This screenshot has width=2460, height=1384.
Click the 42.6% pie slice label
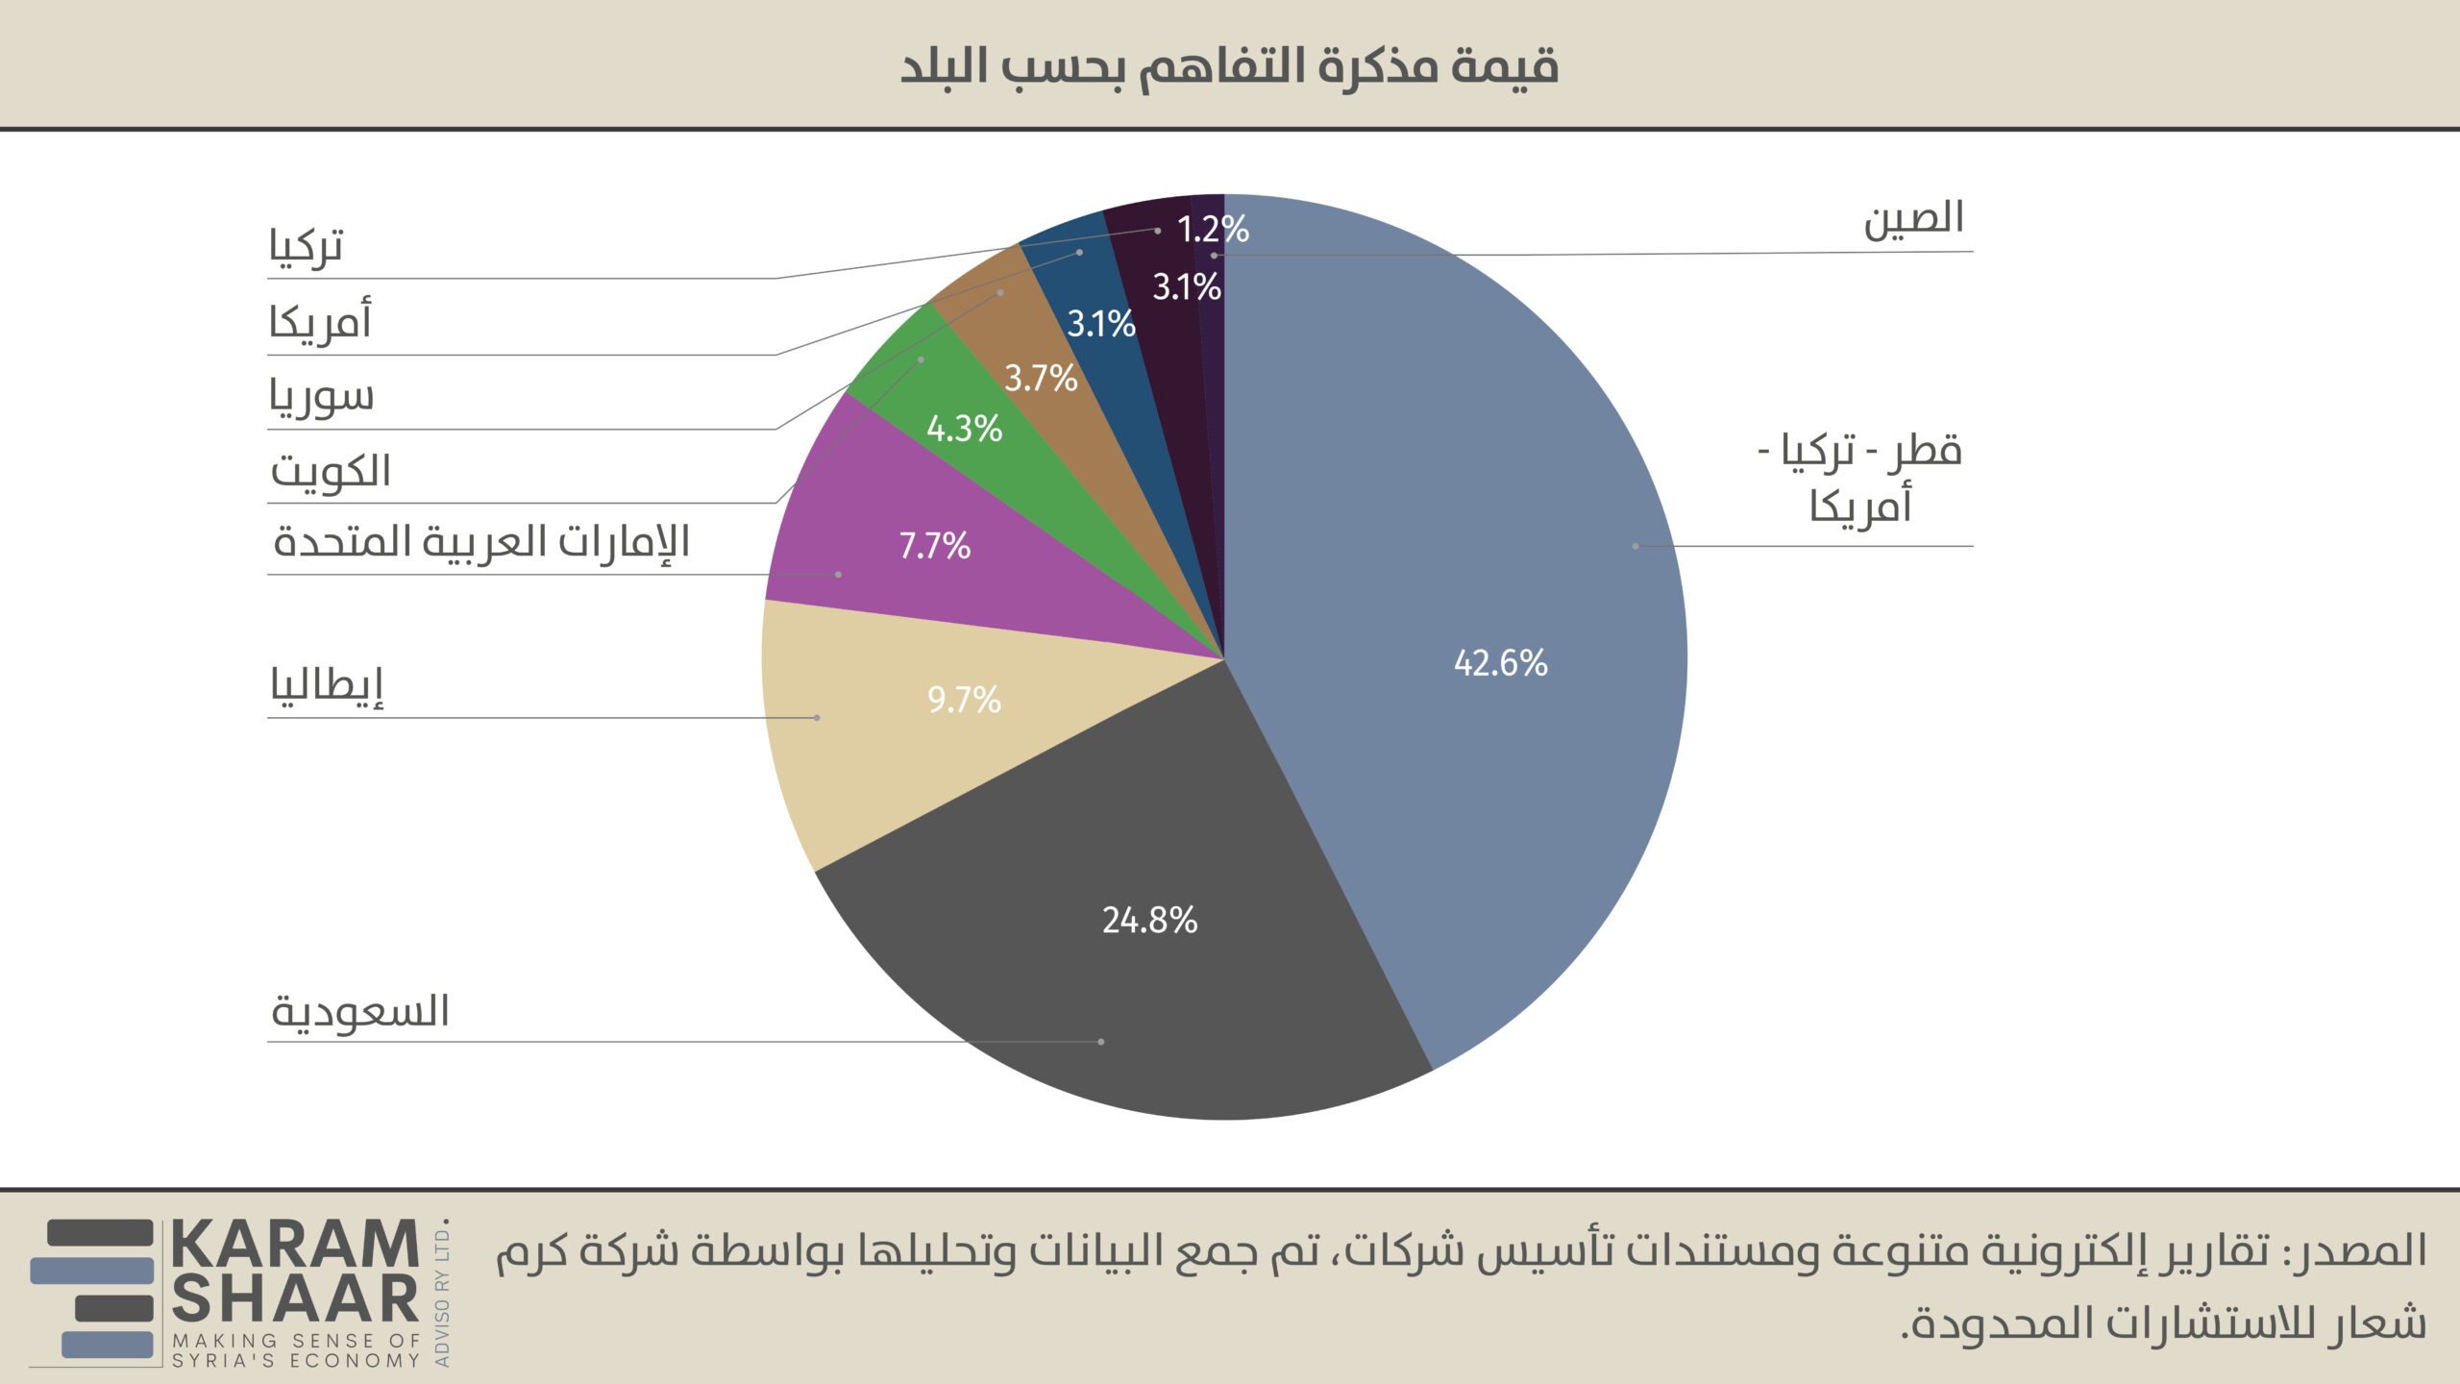click(x=1500, y=663)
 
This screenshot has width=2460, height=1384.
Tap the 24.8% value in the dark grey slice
click(x=1149, y=921)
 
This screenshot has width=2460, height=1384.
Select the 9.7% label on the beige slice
click(x=964, y=700)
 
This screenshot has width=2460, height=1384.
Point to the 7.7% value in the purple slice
click(x=934, y=546)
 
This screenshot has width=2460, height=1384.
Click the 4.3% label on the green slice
click(x=964, y=429)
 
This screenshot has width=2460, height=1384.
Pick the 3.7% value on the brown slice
click(x=1041, y=379)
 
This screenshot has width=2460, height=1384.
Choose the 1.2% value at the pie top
click(x=1213, y=230)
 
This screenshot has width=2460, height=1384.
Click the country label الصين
click(x=1913, y=219)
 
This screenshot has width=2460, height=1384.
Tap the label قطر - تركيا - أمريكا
click(x=1860, y=478)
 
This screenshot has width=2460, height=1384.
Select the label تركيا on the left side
click(x=306, y=247)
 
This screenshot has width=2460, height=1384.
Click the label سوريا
click(x=321, y=396)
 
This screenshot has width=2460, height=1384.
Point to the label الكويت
click(x=331, y=471)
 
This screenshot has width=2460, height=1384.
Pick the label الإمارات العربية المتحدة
click(x=481, y=542)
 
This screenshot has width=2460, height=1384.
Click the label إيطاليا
click(x=327, y=686)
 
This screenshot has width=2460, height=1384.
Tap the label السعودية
click(x=360, y=1012)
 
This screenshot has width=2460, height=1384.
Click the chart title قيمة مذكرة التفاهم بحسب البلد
click(x=1229, y=66)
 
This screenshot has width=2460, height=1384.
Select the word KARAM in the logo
click(x=295, y=1246)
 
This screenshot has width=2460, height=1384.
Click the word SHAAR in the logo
click(x=295, y=1300)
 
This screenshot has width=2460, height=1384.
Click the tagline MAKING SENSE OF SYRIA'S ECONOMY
click(x=296, y=1350)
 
